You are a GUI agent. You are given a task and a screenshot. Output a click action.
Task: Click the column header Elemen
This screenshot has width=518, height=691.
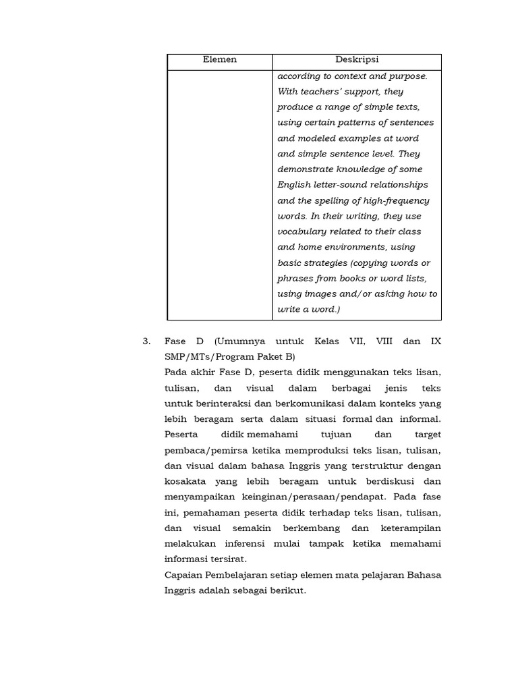point(220,60)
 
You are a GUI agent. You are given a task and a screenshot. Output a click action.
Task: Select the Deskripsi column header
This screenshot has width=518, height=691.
point(357,60)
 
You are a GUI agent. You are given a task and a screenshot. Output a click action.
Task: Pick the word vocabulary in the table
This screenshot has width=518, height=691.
point(303,231)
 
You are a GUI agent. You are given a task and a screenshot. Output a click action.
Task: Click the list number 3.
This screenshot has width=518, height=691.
point(147,341)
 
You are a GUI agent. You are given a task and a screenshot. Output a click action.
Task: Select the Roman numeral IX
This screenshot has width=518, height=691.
point(435,341)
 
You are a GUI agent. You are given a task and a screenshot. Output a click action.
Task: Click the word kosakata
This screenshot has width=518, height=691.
point(185,481)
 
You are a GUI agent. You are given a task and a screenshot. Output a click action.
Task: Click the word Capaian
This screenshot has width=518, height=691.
point(183,575)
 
